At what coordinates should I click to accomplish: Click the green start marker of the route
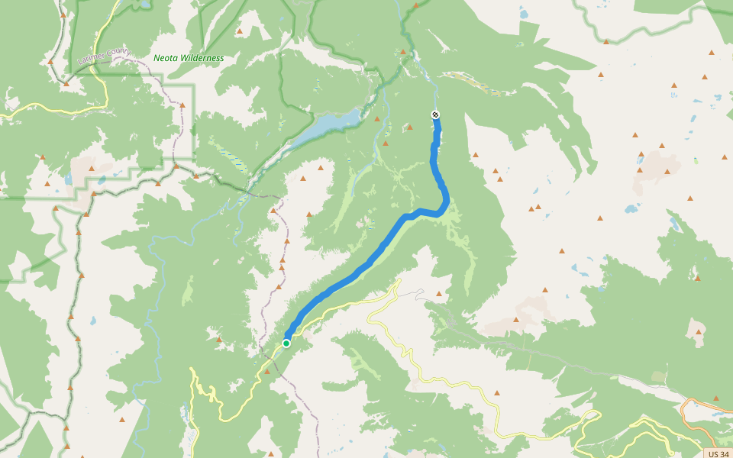coord(286,343)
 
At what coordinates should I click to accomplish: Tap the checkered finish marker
coord(435,114)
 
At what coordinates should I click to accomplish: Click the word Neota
coord(167,58)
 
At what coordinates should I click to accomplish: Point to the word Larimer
coord(92,56)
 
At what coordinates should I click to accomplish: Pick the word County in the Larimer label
coord(118,52)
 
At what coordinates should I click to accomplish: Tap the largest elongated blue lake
coord(325,125)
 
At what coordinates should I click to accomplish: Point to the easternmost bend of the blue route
coord(446,203)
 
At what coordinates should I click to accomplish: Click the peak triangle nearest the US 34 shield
coord(716,398)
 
